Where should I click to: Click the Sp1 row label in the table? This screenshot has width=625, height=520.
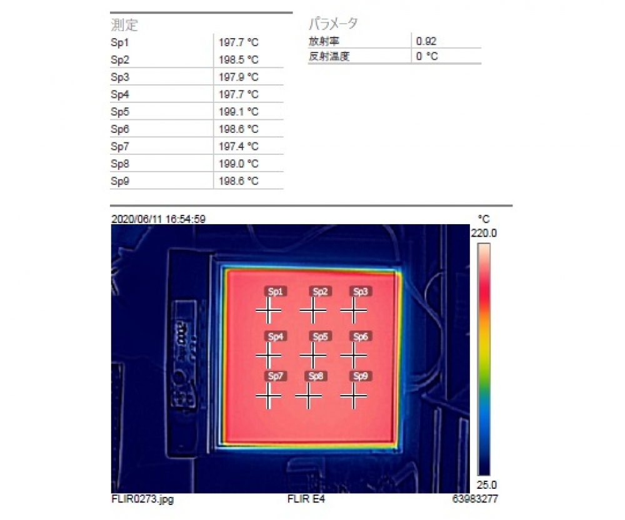[119, 42]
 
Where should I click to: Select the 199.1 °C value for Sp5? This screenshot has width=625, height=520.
[238, 112]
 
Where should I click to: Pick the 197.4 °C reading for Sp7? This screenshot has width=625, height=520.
[238, 147]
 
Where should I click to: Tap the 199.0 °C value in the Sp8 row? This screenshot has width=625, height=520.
[238, 164]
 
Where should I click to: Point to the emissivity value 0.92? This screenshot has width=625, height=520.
[426, 41]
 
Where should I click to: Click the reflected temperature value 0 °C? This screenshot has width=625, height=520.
[427, 56]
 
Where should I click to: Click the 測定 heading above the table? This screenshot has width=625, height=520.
[124, 25]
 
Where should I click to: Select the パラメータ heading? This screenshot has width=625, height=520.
[333, 24]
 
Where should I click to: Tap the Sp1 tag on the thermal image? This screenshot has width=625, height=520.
[276, 292]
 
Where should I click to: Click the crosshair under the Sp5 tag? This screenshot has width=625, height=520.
[313, 355]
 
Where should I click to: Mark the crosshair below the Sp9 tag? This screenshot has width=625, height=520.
[354, 396]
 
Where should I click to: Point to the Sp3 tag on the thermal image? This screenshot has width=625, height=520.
[361, 292]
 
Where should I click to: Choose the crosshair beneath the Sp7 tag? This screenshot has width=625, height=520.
[268, 396]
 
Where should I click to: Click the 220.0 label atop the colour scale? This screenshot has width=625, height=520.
[484, 233]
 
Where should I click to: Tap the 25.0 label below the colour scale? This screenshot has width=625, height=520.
[487, 485]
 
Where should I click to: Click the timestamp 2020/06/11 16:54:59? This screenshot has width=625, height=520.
[158, 219]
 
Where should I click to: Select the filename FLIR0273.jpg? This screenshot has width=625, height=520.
[142, 499]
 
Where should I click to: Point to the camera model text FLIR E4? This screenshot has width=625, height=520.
[306, 499]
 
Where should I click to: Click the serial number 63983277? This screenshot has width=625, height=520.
[475, 499]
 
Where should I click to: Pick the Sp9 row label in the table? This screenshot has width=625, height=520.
[119, 181]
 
